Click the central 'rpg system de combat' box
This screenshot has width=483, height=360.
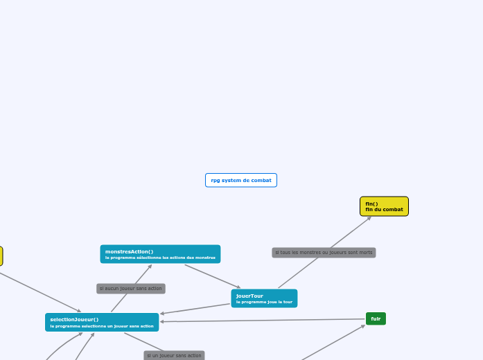pyautogui.click(x=241, y=180)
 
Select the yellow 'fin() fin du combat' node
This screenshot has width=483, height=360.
pyautogui.click(x=384, y=206)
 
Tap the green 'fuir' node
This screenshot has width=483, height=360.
pyautogui.click(x=376, y=318)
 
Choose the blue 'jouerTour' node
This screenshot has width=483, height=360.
pyautogui.click(x=264, y=298)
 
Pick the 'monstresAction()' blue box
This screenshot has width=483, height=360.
pyautogui.click(x=160, y=254)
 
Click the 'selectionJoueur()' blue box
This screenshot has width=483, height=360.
pyautogui.click(x=102, y=322)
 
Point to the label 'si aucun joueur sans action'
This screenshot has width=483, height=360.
pyautogui.click(x=131, y=288)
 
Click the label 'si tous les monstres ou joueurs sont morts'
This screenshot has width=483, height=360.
pyautogui.click(x=324, y=253)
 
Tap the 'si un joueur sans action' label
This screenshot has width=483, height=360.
pyautogui.click(x=174, y=355)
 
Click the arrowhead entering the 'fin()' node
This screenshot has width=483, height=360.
pyautogui.click(x=369, y=217)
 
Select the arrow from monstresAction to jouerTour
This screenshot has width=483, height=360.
pyautogui.click(x=213, y=276)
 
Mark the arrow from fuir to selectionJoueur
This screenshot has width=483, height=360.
pyautogui.click(x=263, y=320)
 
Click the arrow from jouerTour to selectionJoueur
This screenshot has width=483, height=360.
pyautogui.click(x=195, y=309)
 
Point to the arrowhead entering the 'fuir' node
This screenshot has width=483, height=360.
pyautogui.click(x=363, y=325)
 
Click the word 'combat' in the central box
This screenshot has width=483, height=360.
pyautogui.click(x=261, y=180)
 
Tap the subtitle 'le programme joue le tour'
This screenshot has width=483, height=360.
pyautogui.click(x=264, y=302)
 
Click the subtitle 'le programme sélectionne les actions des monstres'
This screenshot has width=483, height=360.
pyautogui.click(x=160, y=258)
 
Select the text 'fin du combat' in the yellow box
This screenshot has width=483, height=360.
pyautogui.click(x=384, y=209)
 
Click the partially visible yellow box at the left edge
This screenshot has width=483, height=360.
pyautogui.click(x=1, y=256)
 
